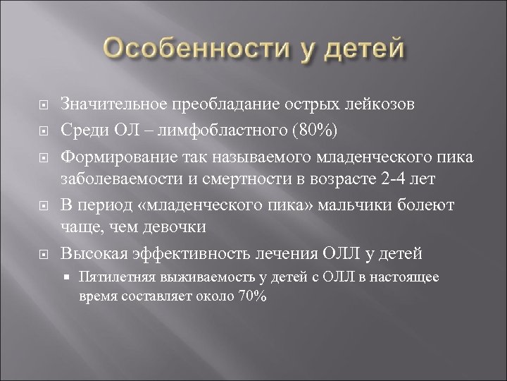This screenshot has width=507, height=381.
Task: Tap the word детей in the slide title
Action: click(x=365, y=50)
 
